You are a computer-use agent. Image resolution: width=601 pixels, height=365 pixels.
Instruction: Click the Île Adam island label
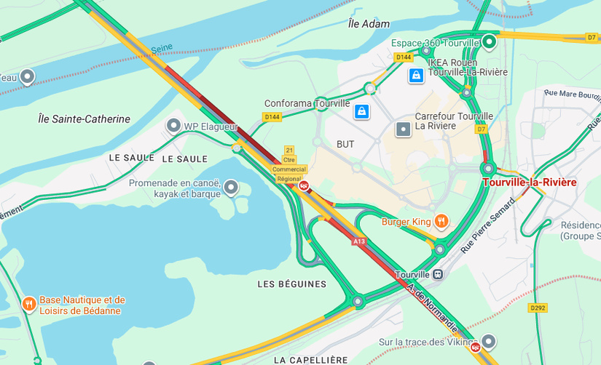click(x=369, y=24)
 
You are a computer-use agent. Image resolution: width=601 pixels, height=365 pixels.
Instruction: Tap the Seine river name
click(x=162, y=49)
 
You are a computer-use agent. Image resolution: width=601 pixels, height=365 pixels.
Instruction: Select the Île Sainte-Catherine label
click(x=84, y=119)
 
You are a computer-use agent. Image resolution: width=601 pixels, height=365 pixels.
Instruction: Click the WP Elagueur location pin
click(x=173, y=126)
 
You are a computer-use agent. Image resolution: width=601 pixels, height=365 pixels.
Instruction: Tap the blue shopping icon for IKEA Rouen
click(x=415, y=75)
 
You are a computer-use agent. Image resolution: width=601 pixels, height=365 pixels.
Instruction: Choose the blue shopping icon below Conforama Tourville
click(x=361, y=111)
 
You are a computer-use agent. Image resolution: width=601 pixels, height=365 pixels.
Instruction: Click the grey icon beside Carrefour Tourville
click(x=403, y=129)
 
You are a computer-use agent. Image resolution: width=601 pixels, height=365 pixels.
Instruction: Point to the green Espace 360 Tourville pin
click(x=490, y=41)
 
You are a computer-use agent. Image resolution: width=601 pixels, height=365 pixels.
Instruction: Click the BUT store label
click(x=345, y=145)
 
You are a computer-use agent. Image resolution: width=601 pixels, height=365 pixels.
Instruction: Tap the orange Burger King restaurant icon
click(x=441, y=220)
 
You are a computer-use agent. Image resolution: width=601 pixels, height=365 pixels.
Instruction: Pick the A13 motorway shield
click(x=358, y=241)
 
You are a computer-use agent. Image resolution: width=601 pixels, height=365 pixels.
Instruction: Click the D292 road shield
click(x=538, y=308)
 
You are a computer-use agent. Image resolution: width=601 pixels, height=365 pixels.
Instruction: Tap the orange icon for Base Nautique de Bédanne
click(x=28, y=304)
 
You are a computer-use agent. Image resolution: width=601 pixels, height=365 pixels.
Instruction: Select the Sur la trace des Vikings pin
click(x=489, y=341)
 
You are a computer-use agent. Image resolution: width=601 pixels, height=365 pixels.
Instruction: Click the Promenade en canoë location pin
click(x=231, y=188)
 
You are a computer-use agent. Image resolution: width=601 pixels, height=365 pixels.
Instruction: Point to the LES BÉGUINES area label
click(x=291, y=284)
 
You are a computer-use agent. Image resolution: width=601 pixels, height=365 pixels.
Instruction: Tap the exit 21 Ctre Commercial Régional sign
click(x=289, y=164)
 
